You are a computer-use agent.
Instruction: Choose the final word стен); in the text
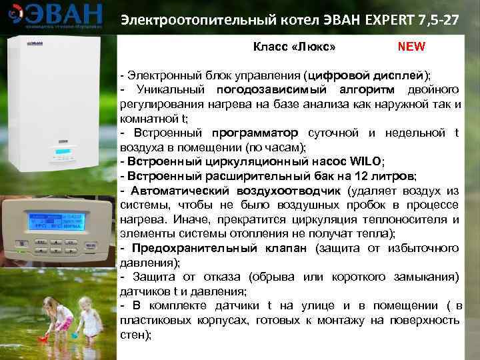click(136, 335)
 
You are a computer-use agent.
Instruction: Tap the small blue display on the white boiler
click(64, 153)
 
